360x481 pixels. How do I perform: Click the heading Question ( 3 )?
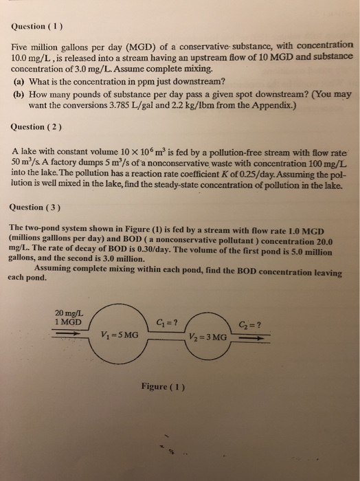[x=37, y=206]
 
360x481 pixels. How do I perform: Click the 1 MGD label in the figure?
[x=69, y=322]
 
